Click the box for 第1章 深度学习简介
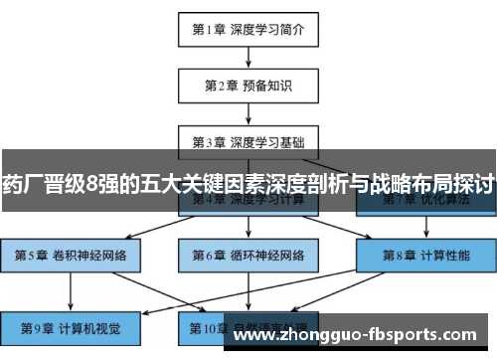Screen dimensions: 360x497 (x=248, y=29)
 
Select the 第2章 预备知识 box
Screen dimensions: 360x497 (x=248, y=85)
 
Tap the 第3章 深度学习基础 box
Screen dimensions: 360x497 (x=248, y=140)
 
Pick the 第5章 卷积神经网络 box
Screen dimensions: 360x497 (x=71, y=256)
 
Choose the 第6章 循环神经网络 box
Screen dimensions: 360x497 (x=248, y=256)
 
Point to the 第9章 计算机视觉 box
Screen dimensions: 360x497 (x=71, y=325)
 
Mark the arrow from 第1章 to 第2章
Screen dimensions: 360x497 (x=248, y=57)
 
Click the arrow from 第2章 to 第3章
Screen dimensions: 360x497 (x=248, y=112)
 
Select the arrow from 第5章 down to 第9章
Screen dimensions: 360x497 (x=71, y=290)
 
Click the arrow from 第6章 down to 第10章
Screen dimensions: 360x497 (x=248, y=290)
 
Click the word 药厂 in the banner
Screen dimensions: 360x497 (x=23, y=183)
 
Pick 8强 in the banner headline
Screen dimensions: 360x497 (x=100, y=183)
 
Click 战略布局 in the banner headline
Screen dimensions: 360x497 (x=407, y=183)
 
